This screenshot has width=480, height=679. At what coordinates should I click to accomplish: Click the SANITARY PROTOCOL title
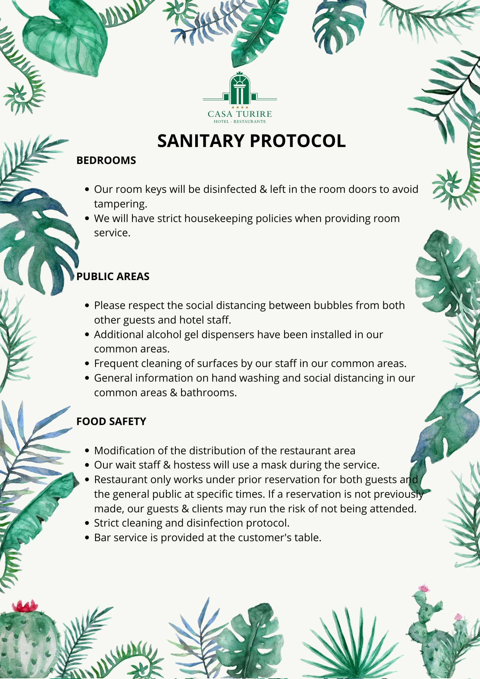(x=251, y=141)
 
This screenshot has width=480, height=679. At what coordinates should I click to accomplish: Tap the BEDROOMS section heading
(x=106, y=160)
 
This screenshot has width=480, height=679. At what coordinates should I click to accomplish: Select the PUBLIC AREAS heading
(x=113, y=276)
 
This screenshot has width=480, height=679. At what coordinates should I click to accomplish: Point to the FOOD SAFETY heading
(x=111, y=421)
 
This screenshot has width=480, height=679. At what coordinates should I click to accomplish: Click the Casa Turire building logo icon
(x=240, y=89)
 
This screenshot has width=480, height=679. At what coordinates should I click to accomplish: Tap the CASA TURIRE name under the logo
(x=240, y=114)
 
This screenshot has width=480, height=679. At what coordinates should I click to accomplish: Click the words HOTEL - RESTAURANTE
(x=240, y=122)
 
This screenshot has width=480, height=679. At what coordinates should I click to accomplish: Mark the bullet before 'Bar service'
(x=87, y=538)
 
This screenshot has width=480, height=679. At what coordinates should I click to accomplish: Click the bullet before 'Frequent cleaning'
(x=87, y=364)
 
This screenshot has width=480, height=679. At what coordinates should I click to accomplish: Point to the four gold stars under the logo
(x=240, y=107)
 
